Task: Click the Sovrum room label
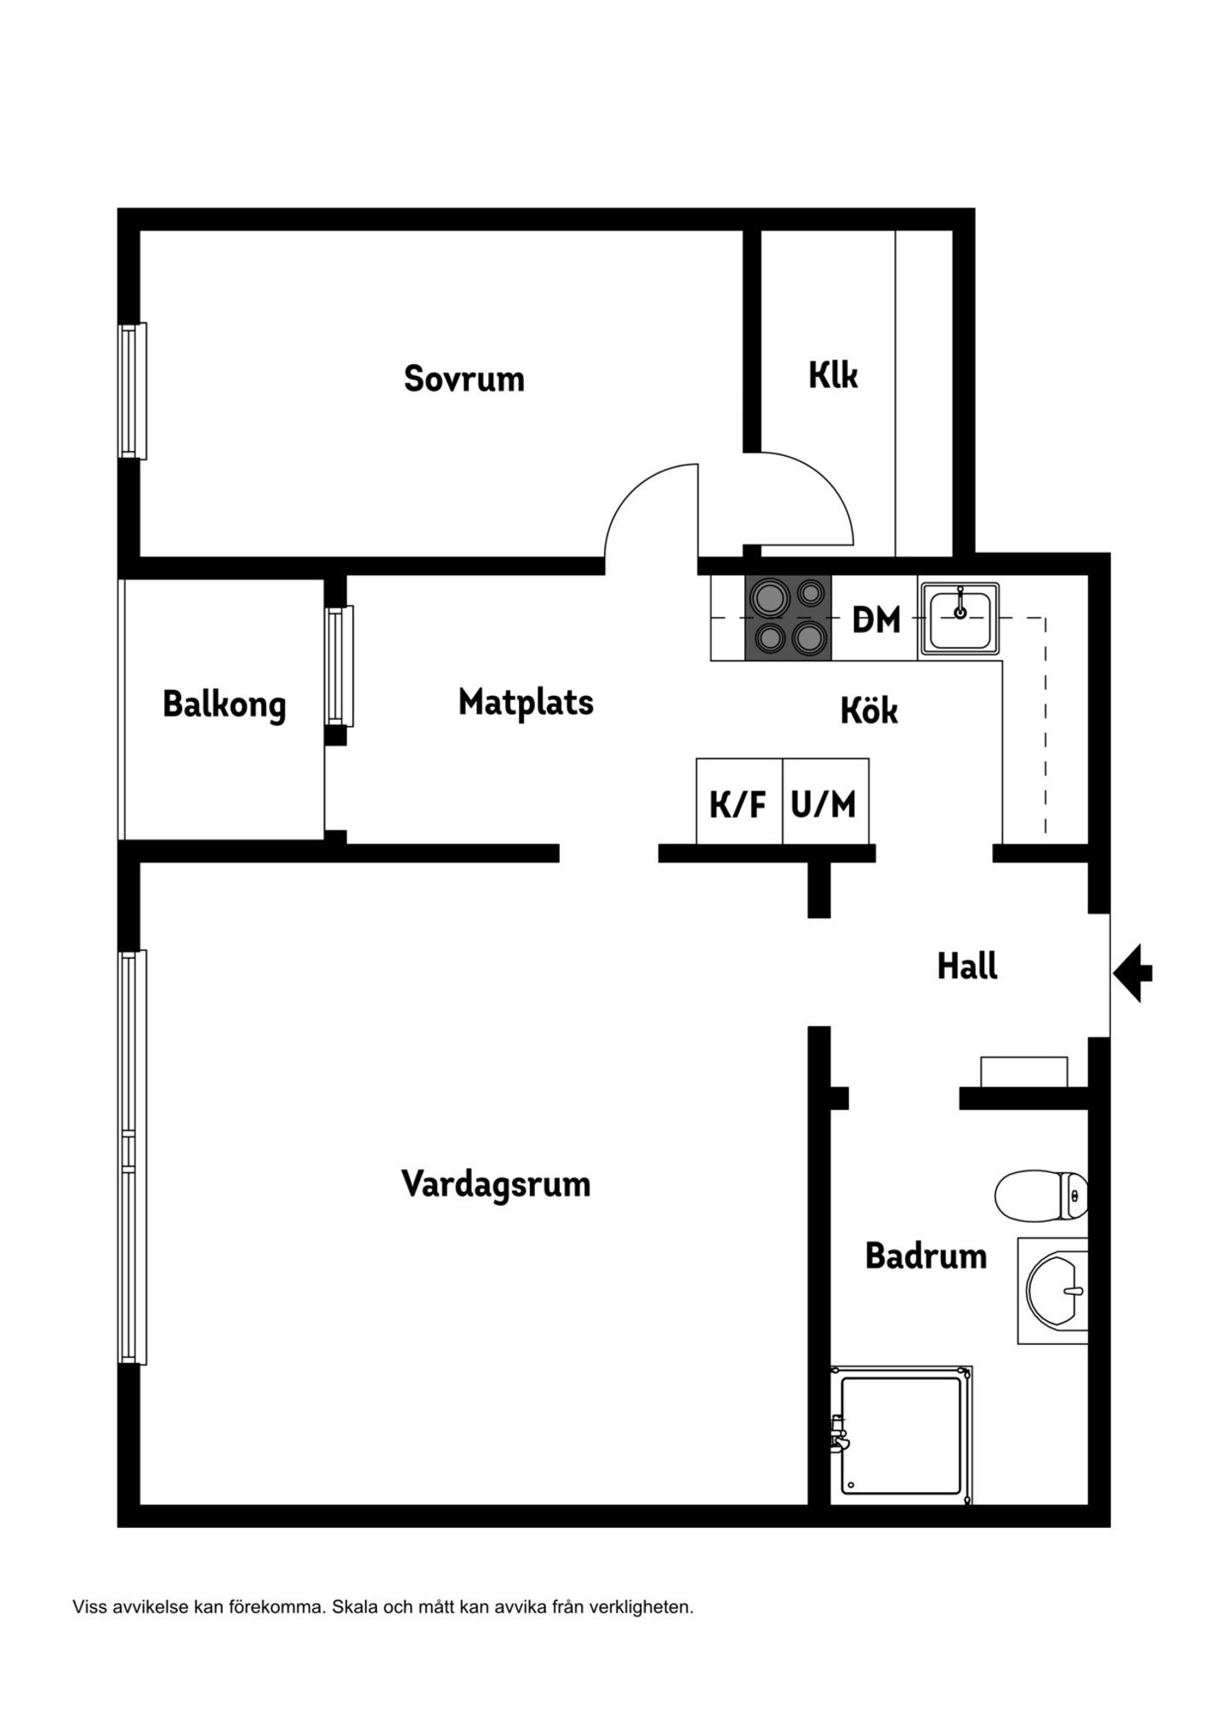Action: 464,379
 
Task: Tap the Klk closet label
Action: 833,375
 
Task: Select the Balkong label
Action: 225,705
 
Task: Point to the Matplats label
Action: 526,703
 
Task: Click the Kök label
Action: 869,710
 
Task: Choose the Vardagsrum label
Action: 496,1184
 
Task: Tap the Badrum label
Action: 926,1256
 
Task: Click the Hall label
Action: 967,966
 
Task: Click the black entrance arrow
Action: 1132,972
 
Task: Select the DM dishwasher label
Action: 876,620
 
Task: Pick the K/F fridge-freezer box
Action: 738,801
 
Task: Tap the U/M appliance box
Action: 825,801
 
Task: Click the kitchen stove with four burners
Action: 788,618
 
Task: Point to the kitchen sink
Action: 960,619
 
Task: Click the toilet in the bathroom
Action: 1041,1194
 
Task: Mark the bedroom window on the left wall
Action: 132,390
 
